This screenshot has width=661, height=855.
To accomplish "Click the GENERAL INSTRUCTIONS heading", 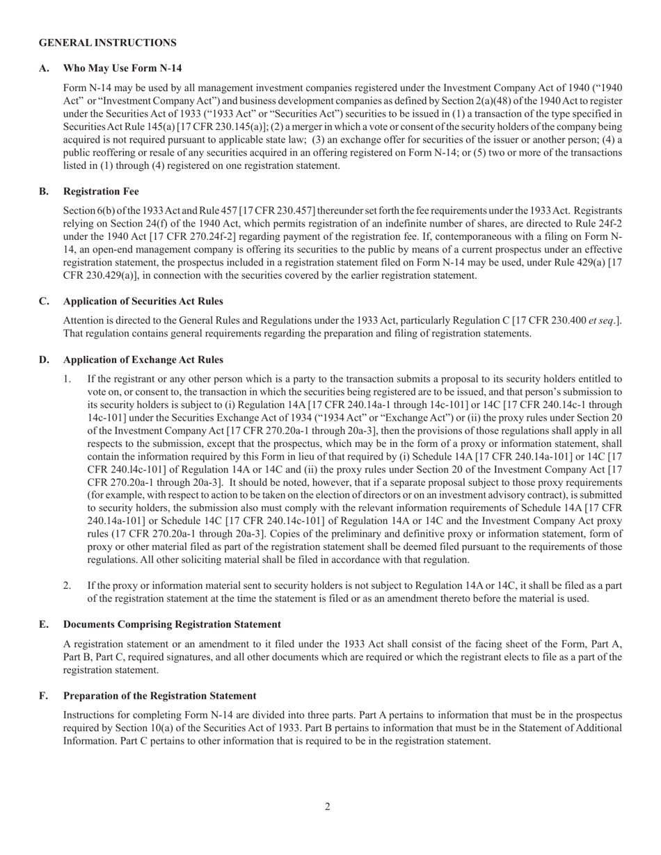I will [107, 43].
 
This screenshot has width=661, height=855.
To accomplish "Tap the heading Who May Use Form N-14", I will [122, 68].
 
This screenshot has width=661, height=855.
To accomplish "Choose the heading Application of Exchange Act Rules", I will [143, 359].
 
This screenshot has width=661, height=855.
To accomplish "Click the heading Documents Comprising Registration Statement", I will [172, 624].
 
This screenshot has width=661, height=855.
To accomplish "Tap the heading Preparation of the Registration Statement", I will [159, 695].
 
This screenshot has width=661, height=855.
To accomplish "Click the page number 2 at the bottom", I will [327, 806].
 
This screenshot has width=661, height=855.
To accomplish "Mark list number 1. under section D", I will [67, 379].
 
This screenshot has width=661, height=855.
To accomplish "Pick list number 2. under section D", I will [67, 585].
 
